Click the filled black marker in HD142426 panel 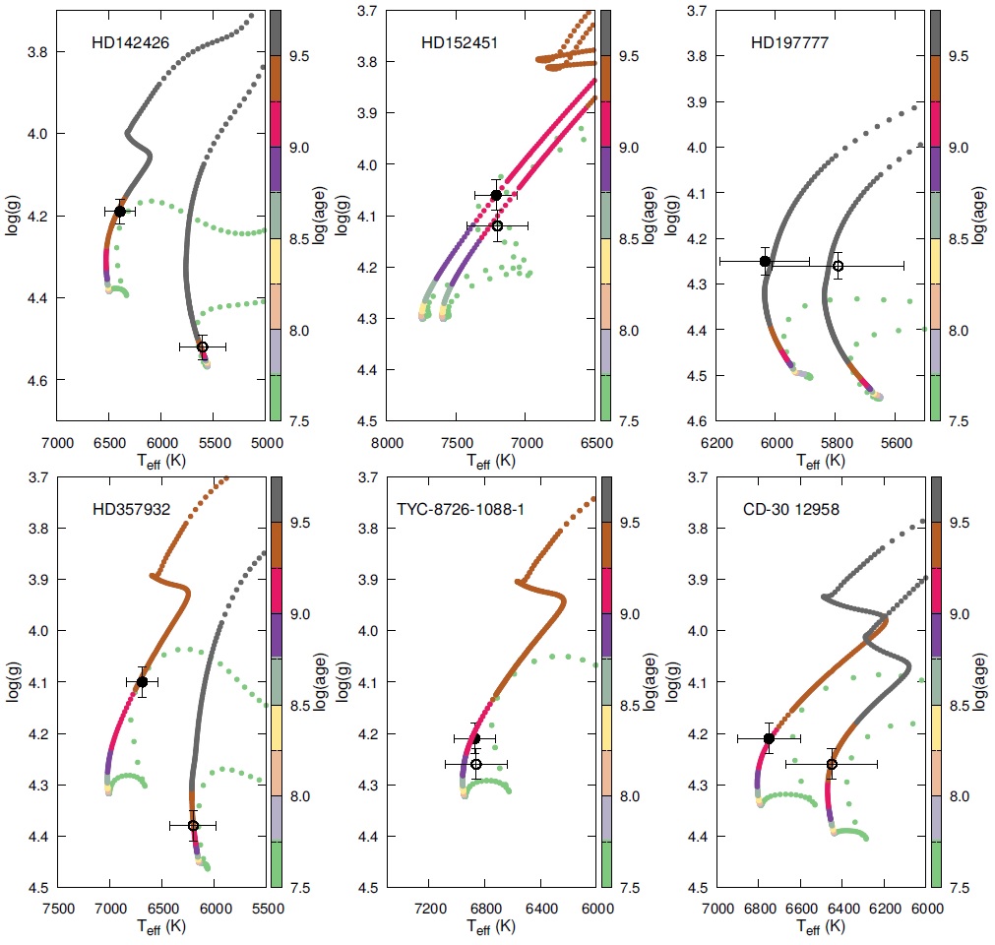coord(119,211)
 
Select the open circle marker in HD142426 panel coord(202,346)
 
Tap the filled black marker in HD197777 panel coord(765,261)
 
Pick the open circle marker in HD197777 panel coord(838,266)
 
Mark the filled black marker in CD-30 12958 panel coord(769,738)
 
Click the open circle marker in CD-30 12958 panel coord(832,764)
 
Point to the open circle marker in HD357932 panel coord(193,825)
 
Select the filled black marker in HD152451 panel coord(496,195)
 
